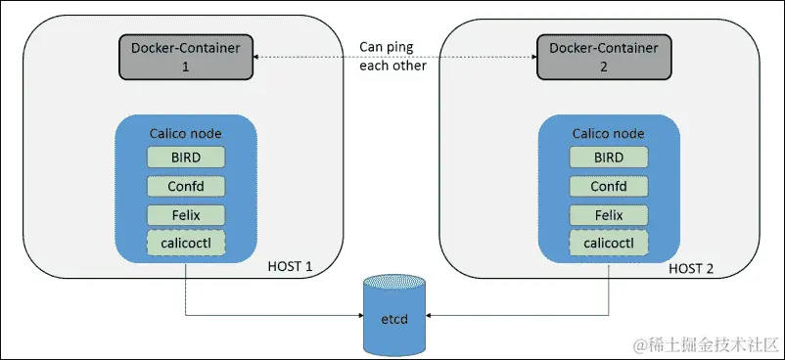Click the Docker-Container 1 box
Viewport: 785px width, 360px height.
click(x=186, y=57)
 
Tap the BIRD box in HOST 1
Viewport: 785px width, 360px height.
click(x=186, y=157)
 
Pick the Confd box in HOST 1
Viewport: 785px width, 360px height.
click(x=186, y=186)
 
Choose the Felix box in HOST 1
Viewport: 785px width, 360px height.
click(x=186, y=214)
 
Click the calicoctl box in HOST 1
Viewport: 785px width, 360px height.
click(x=186, y=243)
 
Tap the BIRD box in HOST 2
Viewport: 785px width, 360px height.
click(x=608, y=157)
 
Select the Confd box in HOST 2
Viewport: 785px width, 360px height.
click(x=608, y=186)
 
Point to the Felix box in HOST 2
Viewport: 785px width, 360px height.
click(x=608, y=214)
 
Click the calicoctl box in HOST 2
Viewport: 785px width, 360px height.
click(x=608, y=243)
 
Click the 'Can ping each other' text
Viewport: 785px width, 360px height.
click(x=393, y=57)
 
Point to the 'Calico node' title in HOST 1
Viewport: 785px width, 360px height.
click(x=186, y=132)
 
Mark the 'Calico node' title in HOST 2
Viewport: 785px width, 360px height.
click(x=608, y=132)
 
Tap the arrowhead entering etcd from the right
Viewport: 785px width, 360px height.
click(x=432, y=316)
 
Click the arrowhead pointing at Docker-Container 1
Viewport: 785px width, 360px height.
click(x=257, y=57)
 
